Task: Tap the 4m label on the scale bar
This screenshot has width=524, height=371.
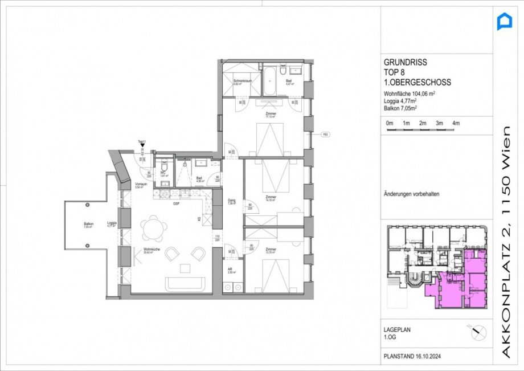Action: pos(456,123)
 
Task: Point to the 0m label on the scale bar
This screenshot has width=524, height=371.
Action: pos(390,123)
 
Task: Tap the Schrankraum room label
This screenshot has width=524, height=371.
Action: pos(242,81)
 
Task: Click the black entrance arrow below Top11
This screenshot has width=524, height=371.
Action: pos(142,146)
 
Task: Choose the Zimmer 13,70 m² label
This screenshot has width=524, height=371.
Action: pos(271,250)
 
